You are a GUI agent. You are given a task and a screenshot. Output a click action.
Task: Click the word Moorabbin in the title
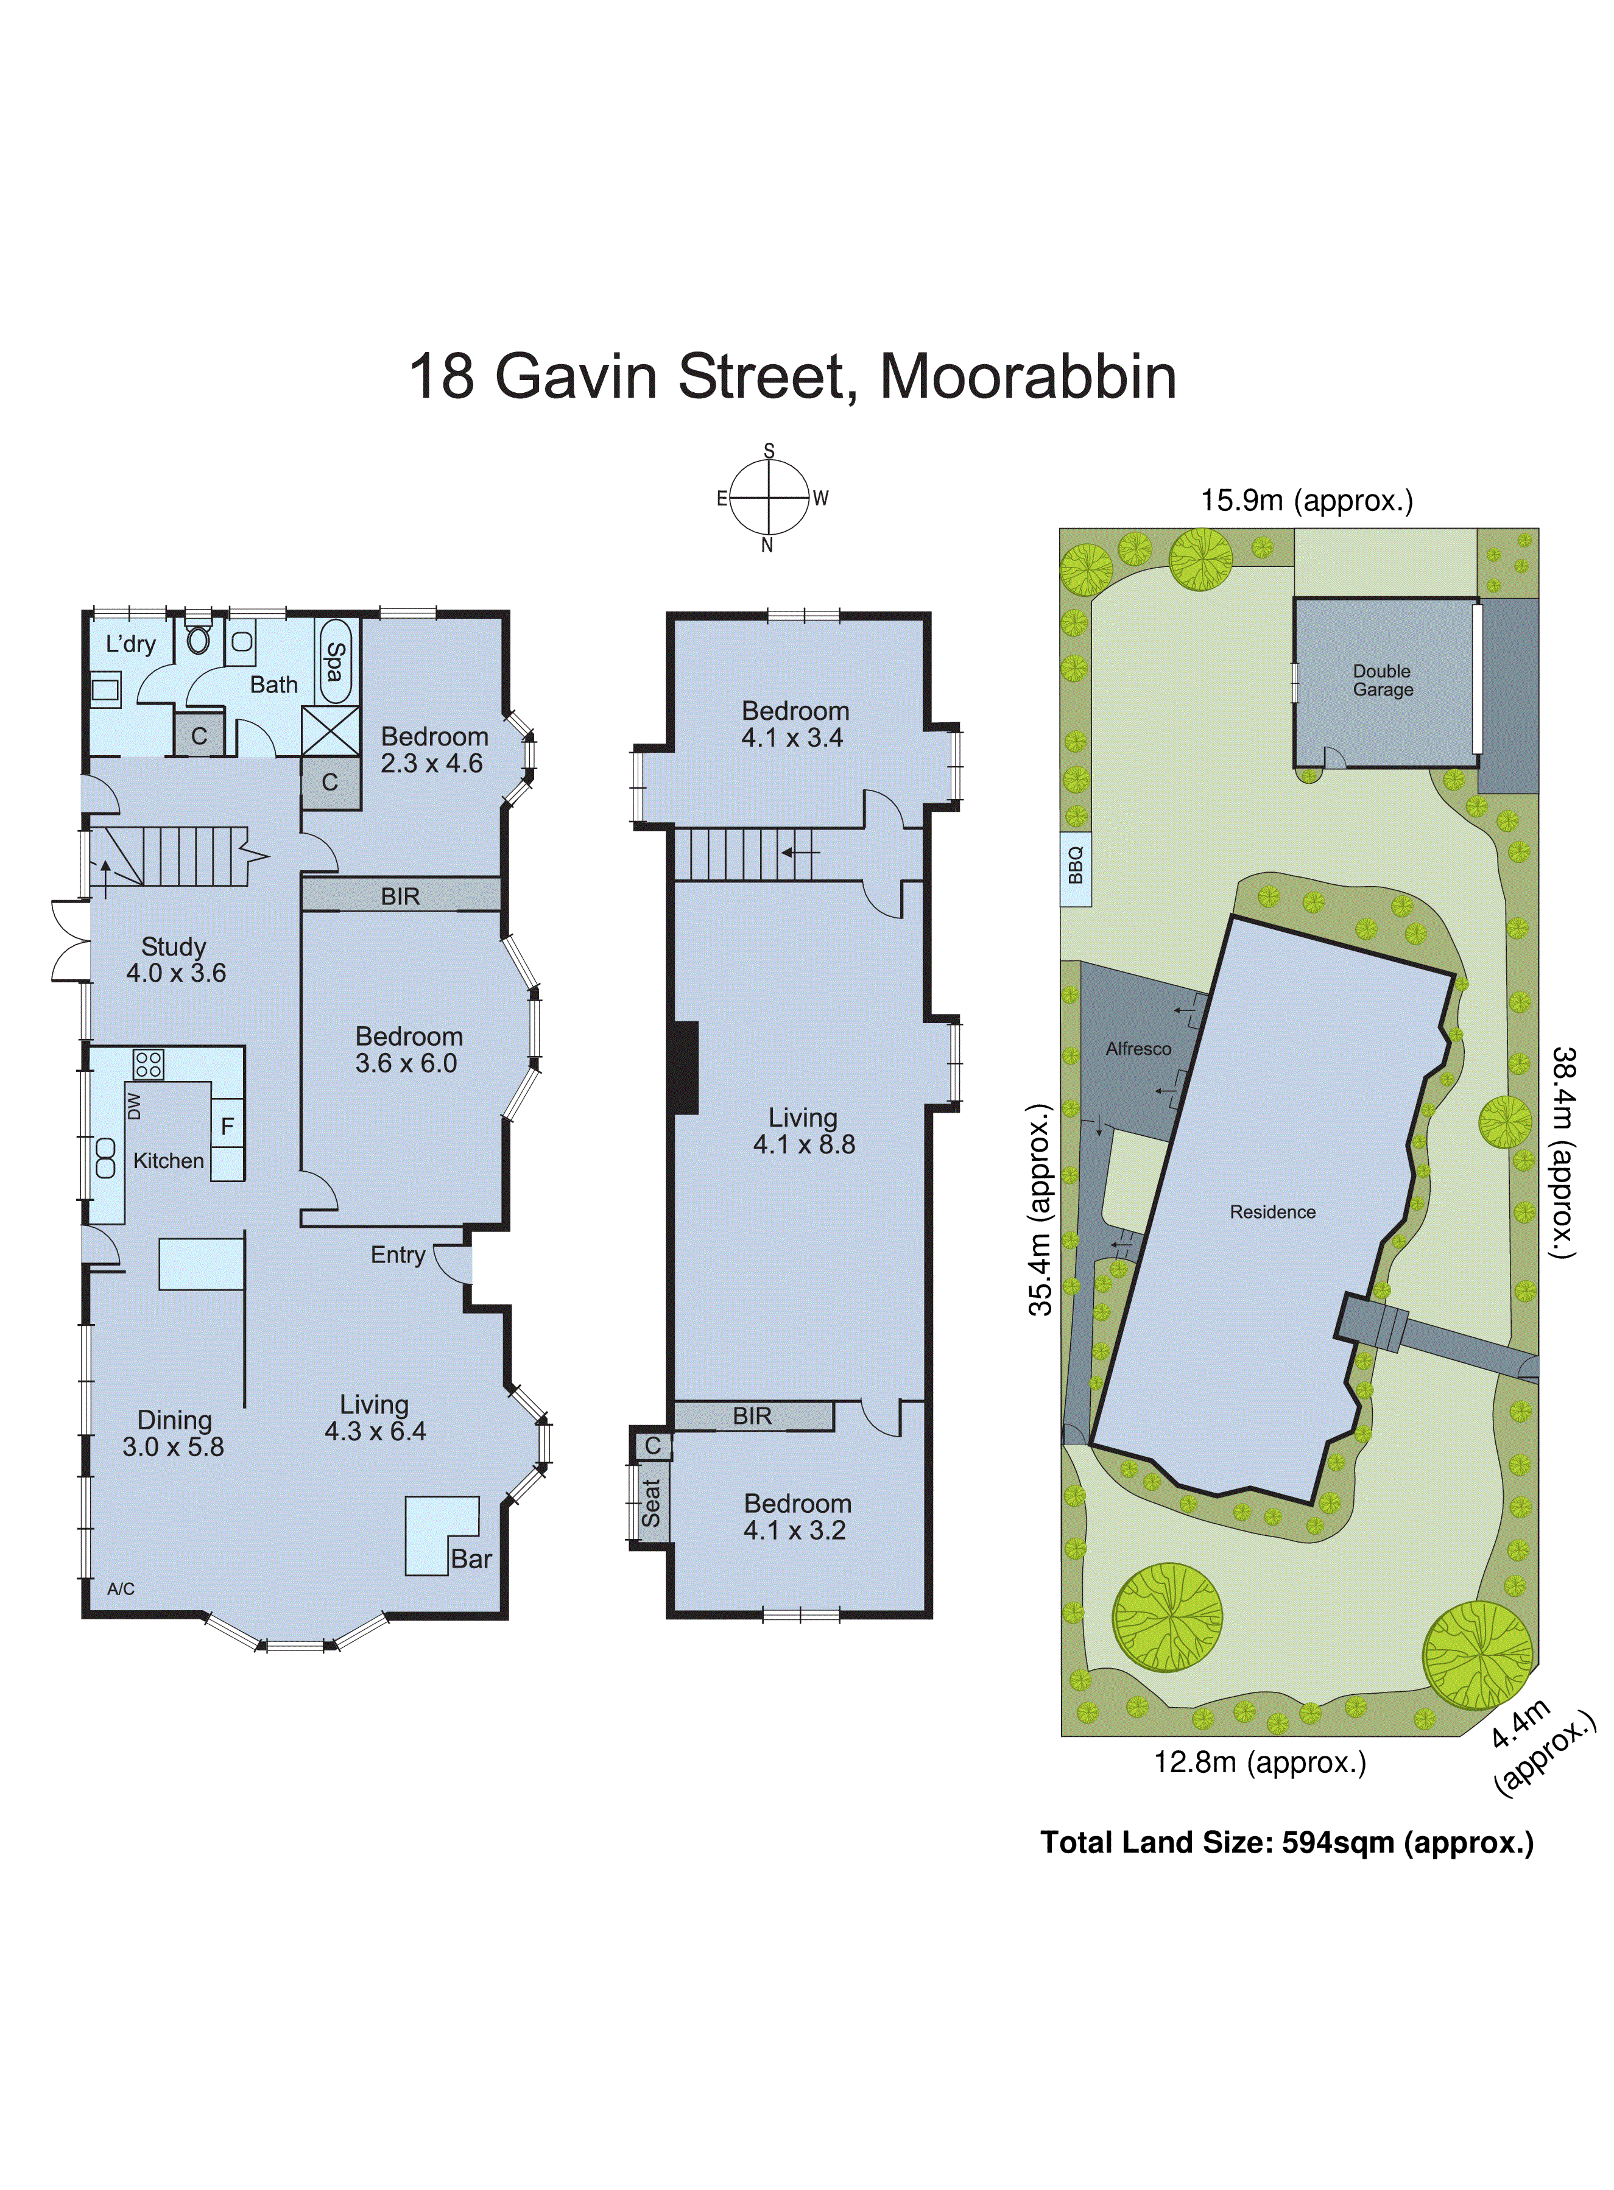tap(1028, 376)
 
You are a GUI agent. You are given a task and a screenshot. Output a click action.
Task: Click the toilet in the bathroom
tap(199, 638)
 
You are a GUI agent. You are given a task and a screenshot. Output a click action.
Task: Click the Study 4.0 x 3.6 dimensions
tap(176, 973)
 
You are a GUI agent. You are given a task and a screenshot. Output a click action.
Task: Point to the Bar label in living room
tap(471, 1559)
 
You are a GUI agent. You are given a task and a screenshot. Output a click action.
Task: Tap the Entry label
tap(398, 1255)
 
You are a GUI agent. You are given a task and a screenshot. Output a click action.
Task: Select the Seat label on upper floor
tap(650, 1502)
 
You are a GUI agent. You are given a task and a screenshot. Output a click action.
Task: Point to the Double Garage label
tap(1383, 680)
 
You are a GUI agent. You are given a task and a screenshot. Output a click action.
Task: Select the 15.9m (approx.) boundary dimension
tap(1306, 501)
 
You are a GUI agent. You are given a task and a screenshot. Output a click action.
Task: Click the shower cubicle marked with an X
tap(330, 730)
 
